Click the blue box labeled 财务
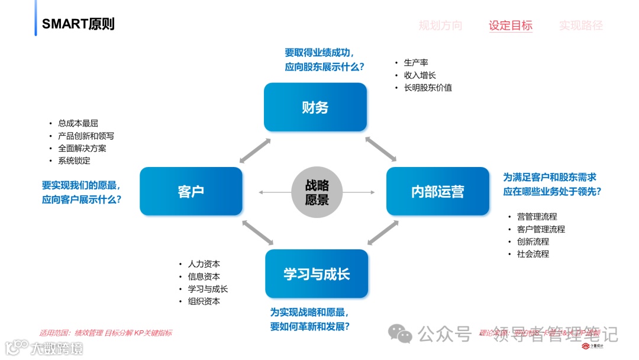(315, 107)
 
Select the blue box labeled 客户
(191, 191)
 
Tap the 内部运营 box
(437, 191)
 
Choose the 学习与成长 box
(317, 274)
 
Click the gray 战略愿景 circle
(317, 192)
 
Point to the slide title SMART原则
(78, 24)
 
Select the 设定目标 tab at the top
(510, 25)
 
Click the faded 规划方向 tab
(440, 25)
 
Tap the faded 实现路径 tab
(580, 25)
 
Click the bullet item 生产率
(416, 63)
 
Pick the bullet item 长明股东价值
(428, 88)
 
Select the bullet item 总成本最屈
(78, 124)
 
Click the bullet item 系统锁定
(74, 160)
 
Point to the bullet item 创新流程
(532, 242)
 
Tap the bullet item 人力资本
(204, 264)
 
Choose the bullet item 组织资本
(204, 301)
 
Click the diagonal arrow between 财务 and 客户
(255, 150)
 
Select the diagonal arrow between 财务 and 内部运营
(380, 149)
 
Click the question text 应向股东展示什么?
(324, 67)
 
